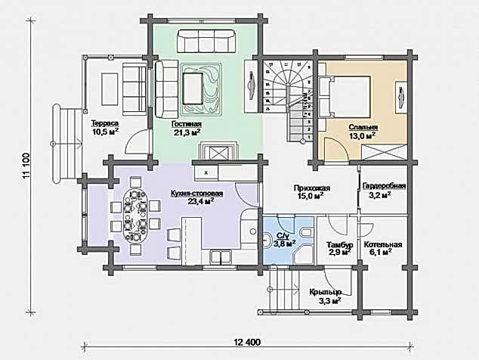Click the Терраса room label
(105, 128)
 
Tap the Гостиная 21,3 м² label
(186, 128)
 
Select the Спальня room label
(363, 132)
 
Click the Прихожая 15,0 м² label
(312, 192)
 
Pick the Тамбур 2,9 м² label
(340, 248)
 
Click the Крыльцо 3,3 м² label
(325, 296)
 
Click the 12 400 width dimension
(247, 342)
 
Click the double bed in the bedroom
(345, 97)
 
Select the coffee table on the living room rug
(193, 88)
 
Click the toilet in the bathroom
(307, 232)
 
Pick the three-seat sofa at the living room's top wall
(206, 41)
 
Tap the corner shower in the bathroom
(304, 253)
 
